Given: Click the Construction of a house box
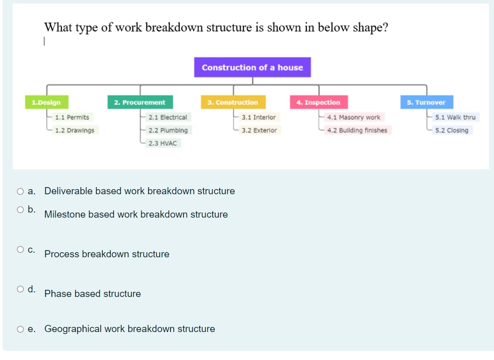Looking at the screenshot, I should click(252, 67).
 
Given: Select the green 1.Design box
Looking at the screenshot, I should click(46, 102).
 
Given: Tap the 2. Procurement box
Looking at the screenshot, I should click(140, 102).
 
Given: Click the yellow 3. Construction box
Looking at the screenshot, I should click(233, 102).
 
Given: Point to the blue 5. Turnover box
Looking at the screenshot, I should click(426, 102).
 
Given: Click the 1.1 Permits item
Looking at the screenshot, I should click(72, 117).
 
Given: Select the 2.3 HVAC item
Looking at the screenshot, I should click(163, 143).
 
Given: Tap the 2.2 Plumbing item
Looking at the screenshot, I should click(168, 130).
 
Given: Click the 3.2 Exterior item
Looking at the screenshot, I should click(259, 130).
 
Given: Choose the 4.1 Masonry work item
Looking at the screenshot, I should click(354, 117).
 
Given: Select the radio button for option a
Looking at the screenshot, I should click(20, 192).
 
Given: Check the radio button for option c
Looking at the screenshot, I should click(20, 250).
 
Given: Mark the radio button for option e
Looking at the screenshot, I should click(20, 329).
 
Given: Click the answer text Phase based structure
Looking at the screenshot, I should click(93, 293).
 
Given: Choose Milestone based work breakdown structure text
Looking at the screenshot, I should click(136, 214).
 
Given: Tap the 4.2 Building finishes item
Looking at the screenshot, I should click(357, 130).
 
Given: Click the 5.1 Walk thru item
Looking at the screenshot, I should click(455, 117).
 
